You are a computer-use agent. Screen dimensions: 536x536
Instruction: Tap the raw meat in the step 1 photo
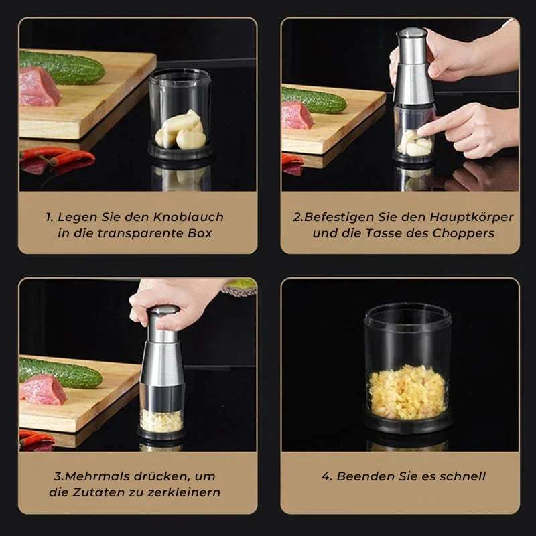click(x=39, y=88)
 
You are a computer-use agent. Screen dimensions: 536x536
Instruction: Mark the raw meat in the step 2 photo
click(x=297, y=115)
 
